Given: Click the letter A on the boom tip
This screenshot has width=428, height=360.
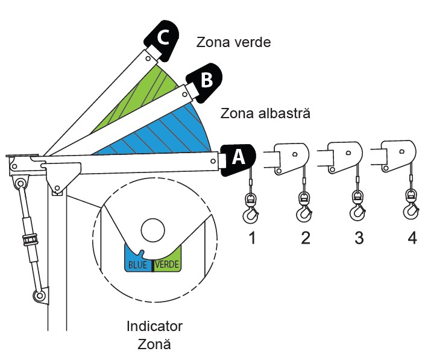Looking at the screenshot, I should (x=238, y=157).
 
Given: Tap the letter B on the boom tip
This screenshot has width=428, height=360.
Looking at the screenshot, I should (x=206, y=80).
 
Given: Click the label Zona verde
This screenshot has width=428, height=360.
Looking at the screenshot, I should (x=233, y=43).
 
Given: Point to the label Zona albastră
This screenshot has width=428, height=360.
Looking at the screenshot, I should (x=265, y=113).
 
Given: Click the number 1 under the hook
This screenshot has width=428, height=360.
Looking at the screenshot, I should (x=252, y=238).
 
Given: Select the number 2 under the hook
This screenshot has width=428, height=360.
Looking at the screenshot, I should (x=306, y=238).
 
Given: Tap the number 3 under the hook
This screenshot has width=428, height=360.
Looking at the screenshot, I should (x=359, y=238).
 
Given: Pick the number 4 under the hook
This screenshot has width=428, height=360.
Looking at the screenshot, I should (x=412, y=238).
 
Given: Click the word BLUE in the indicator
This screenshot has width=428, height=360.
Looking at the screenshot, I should (x=137, y=264).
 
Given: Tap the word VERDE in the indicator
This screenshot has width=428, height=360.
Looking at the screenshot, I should (x=168, y=264).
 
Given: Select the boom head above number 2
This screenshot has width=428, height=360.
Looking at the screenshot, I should (x=291, y=159).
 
